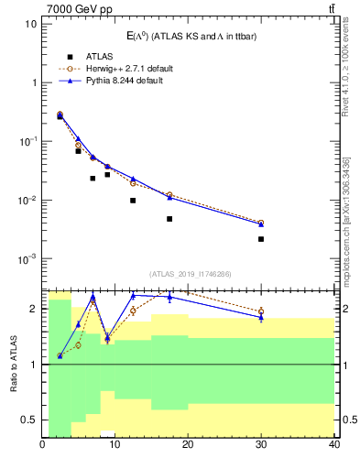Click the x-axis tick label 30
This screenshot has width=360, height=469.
(x=261, y=446)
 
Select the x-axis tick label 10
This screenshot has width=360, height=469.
(x=115, y=446)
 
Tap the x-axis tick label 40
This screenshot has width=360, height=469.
(x=333, y=446)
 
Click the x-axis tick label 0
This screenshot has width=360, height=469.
(x=43, y=446)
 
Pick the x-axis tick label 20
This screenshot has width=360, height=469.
(x=188, y=446)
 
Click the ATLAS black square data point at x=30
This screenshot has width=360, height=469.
(x=261, y=239)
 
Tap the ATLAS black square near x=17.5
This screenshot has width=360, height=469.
(x=169, y=219)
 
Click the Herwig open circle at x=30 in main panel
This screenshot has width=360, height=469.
(x=261, y=223)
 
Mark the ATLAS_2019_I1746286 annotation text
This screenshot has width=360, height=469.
(x=189, y=273)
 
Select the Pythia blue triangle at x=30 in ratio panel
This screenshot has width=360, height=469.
(x=261, y=317)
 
